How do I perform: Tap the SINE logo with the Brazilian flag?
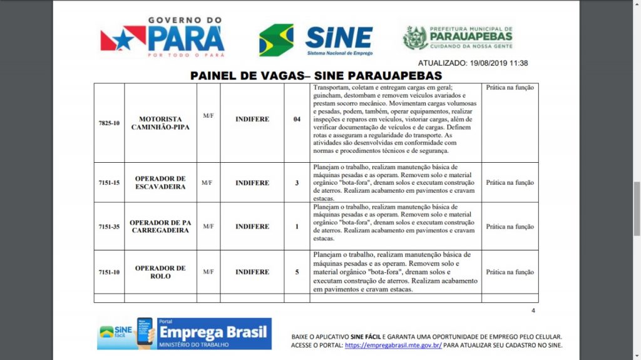[x=316, y=40]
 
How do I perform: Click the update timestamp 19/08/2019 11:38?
[x=473, y=63]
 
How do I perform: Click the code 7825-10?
[x=109, y=123]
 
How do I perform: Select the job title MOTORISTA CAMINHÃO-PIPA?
[x=160, y=123]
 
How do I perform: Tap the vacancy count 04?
[x=297, y=119]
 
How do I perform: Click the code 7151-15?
[x=109, y=183]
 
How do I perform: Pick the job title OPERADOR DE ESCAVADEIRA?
[x=160, y=183]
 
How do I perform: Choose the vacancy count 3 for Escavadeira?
[x=297, y=183]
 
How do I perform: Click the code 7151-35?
[x=109, y=227]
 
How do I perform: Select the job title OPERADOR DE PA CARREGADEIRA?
[x=160, y=227]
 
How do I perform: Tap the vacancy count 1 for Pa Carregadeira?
[x=297, y=227]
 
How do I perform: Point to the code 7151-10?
[x=109, y=272]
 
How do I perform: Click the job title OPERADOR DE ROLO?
[x=160, y=272]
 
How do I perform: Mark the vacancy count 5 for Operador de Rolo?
[x=297, y=272]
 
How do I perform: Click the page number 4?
[x=533, y=311]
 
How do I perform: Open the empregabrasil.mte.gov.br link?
[x=393, y=345]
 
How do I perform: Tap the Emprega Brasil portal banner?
[x=184, y=334]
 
